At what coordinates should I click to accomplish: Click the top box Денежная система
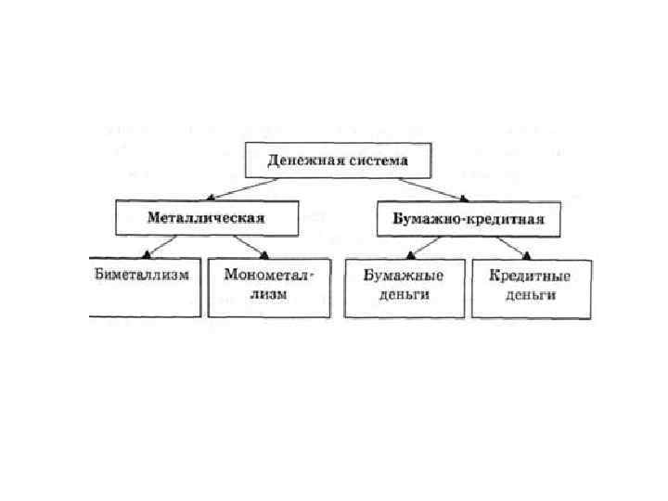point(338,160)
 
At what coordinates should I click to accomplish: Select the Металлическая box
point(206,218)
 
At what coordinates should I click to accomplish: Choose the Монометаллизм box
point(269,288)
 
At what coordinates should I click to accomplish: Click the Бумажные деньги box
point(403,288)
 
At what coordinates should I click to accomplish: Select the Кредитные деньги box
point(532,288)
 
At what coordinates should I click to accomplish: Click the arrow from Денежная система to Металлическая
point(245,188)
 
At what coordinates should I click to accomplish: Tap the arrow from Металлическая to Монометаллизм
point(250,246)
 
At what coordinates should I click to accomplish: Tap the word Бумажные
point(403,276)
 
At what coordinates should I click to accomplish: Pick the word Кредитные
point(532,276)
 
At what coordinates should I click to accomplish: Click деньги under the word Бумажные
point(403,296)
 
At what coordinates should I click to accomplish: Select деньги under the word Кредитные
point(532,296)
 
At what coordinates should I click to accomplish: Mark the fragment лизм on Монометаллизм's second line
point(269,296)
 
